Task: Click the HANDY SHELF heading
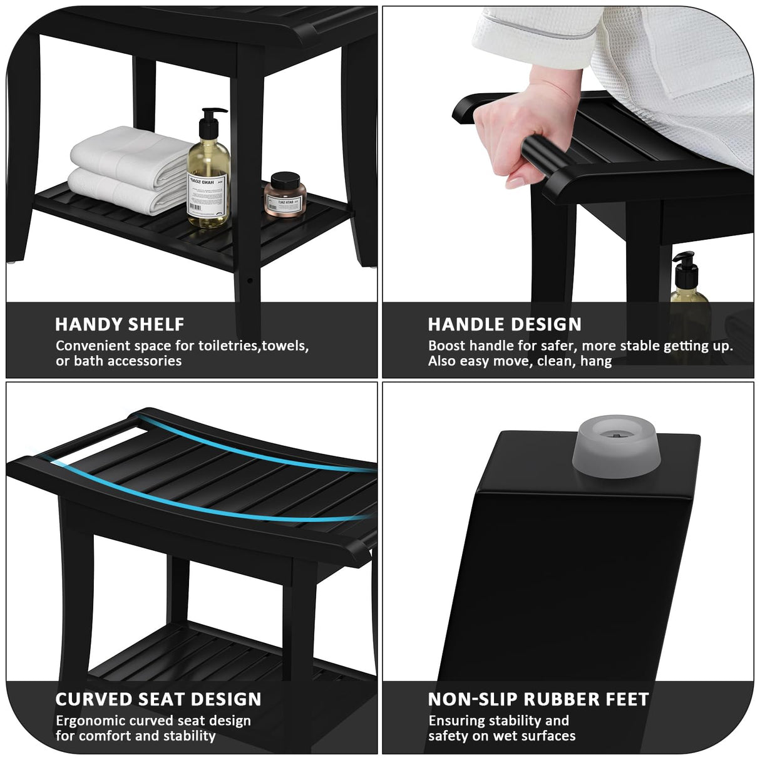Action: (120, 324)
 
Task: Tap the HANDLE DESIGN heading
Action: (505, 324)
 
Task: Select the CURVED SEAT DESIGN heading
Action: (158, 699)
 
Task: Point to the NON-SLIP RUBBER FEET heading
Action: (538, 699)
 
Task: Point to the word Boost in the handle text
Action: (447, 346)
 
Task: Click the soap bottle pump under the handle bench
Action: (684, 266)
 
